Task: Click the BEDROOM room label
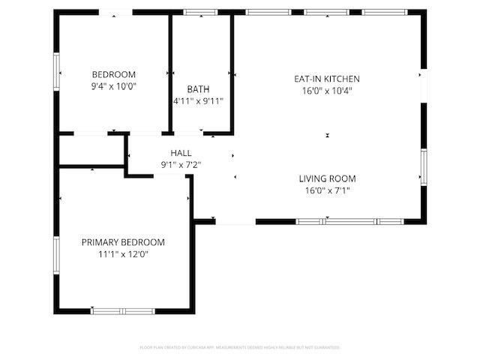(x=113, y=74)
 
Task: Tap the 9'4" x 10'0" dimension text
(x=113, y=85)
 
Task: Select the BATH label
(x=198, y=89)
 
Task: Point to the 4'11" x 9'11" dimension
(x=198, y=100)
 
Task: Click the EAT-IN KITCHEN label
(x=327, y=79)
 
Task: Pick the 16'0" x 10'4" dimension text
(x=327, y=90)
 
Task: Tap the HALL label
(x=181, y=153)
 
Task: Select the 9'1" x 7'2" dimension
(x=181, y=164)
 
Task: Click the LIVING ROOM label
(x=327, y=178)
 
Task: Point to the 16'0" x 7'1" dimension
(x=327, y=190)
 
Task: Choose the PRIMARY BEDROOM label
(x=123, y=242)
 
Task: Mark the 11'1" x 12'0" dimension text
(x=123, y=254)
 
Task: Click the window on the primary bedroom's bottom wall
(x=123, y=310)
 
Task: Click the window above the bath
(x=199, y=12)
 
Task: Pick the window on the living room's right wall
(x=424, y=169)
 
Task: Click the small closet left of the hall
(x=91, y=151)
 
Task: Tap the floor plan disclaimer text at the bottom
(x=240, y=347)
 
